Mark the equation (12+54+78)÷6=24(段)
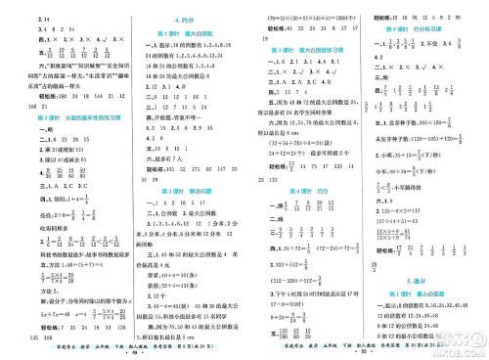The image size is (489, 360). pos(303,141)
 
